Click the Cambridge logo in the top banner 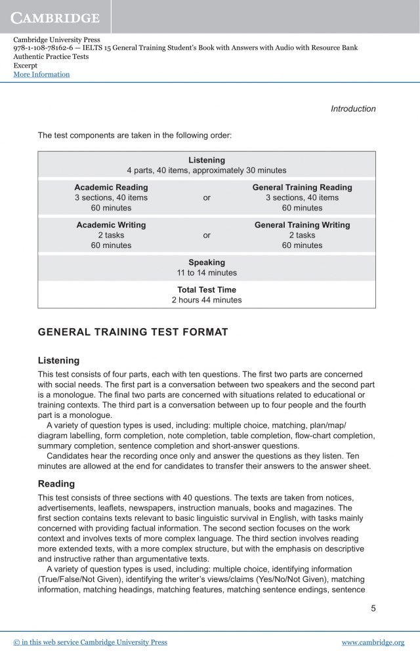click(55, 16)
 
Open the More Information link click(41, 75)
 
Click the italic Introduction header click(353, 109)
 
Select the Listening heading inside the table click(207, 160)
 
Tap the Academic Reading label click(111, 188)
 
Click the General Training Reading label click(302, 188)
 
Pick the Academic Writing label click(111, 225)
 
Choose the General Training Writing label click(302, 225)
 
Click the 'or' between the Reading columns click(207, 197)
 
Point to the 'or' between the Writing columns click(207, 235)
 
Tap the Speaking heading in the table click(207, 262)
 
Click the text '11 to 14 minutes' click(207, 273)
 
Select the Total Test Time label click(207, 290)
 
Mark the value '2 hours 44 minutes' click(207, 300)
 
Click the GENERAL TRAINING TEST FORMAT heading click(133, 332)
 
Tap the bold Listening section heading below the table click(58, 361)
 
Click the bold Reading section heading click(56, 484)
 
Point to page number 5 click(373, 608)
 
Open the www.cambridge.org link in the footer click(373, 642)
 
